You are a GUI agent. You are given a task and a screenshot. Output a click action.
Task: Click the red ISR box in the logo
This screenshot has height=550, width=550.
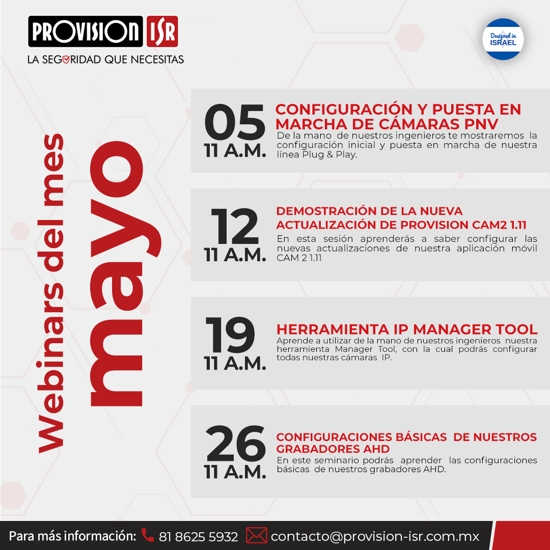(162, 31)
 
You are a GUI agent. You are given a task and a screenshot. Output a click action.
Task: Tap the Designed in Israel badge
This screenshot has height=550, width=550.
(503, 39)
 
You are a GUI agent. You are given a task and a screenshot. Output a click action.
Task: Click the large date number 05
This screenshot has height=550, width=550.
(235, 122)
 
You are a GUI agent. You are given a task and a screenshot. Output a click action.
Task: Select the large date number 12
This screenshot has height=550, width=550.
(235, 226)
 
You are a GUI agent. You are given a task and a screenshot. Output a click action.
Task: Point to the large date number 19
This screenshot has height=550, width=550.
(231, 335)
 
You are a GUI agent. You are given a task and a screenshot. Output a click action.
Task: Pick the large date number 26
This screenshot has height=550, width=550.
(236, 444)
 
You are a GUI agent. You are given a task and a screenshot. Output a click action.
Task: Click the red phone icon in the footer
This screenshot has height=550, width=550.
(147, 535)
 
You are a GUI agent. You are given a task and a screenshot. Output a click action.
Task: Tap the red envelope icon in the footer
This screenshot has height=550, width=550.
(256, 536)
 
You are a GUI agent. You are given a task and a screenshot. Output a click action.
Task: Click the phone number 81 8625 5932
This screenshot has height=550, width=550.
(199, 536)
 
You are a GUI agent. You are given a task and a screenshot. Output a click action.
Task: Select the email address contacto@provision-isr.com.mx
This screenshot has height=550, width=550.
(375, 536)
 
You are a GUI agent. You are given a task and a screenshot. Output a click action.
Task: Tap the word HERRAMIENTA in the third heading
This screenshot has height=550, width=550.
(333, 329)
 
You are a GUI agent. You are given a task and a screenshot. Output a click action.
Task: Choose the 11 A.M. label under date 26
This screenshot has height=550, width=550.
(235, 472)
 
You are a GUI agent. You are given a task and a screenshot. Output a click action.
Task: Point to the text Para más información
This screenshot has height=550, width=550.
(72, 536)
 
